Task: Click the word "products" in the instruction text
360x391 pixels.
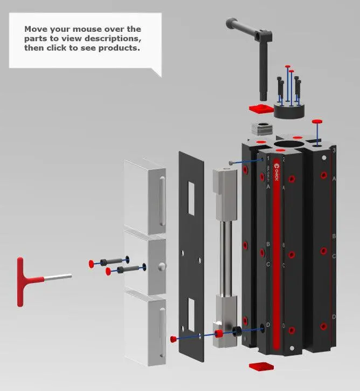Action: [115, 48]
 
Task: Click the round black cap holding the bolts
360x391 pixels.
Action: [289, 111]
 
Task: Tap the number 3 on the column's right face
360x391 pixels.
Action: [334, 150]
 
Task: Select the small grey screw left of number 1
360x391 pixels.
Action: [231, 162]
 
